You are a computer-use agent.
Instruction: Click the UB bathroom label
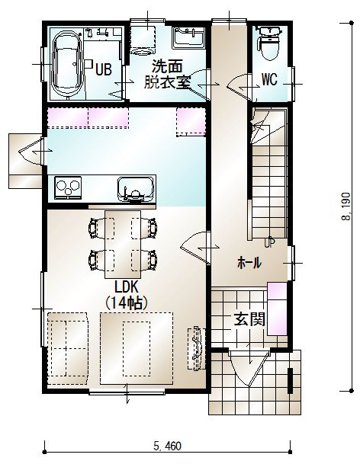click(x=104, y=69)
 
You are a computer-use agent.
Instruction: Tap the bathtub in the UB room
click(x=67, y=64)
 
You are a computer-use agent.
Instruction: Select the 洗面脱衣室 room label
click(x=167, y=74)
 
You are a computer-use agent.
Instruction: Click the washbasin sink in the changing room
click(x=188, y=38)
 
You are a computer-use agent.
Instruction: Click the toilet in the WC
click(x=269, y=43)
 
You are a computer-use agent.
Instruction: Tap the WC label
click(x=269, y=79)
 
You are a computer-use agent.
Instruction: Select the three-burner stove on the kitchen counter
click(x=68, y=187)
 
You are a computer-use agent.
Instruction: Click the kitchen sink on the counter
click(x=137, y=189)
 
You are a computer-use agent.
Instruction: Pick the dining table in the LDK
click(x=123, y=245)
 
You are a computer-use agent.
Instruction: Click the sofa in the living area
click(x=68, y=348)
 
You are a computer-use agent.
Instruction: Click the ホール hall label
click(x=249, y=263)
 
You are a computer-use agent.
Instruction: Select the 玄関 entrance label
click(x=249, y=319)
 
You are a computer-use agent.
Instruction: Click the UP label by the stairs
click(x=269, y=242)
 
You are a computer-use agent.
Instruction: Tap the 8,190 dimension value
click(x=346, y=206)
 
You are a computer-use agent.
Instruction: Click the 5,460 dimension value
click(x=167, y=446)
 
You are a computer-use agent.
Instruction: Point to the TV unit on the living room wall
click(x=197, y=348)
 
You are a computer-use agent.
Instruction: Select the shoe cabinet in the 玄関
click(x=278, y=309)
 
